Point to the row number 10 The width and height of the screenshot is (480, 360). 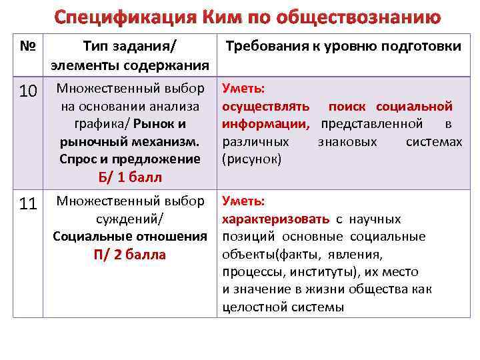(x=28, y=91)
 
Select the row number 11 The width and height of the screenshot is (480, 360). (x=28, y=204)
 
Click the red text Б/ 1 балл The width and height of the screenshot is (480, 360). (x=129, y=177)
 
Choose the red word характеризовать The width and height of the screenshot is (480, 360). (x=275, y=219)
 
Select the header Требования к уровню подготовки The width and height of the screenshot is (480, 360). (x=343, y=47)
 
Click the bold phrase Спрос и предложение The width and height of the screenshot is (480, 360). (x=129, y=159)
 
